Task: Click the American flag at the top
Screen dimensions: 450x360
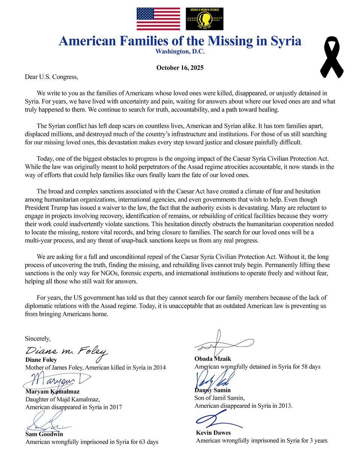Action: [158, 19]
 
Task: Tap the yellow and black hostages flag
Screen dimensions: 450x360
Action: [204, 19]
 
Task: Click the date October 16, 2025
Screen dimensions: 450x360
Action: [180, 68]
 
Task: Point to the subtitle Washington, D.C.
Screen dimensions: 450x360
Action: [180, 52]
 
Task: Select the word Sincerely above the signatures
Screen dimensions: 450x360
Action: [37, 338]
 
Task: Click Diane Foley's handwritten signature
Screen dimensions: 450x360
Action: [67, 351]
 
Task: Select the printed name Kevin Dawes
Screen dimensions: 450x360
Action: [213, 433]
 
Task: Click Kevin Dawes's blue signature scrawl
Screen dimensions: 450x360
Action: [217, 419]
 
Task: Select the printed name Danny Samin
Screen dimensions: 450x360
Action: [213, 390]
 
